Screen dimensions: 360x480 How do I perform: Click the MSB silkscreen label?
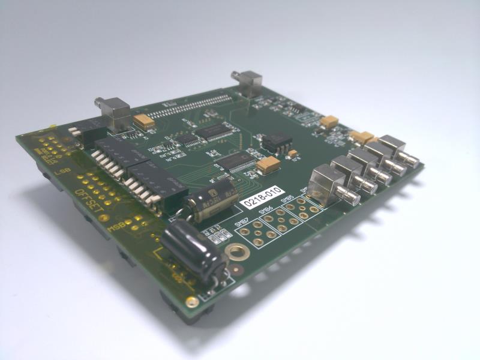(x=115, y=229)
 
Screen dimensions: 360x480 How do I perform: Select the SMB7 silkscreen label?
(x=242, y=223)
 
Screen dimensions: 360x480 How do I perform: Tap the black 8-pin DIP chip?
(x=277, y=142)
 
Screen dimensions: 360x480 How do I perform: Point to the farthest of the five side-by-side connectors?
(x=395, y=149)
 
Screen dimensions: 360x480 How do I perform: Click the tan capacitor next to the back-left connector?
(x=144, y=121)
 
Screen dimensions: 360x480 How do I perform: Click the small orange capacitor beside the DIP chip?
(x=293, y=154)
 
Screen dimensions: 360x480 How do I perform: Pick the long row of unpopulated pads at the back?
(x=188, y=104)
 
